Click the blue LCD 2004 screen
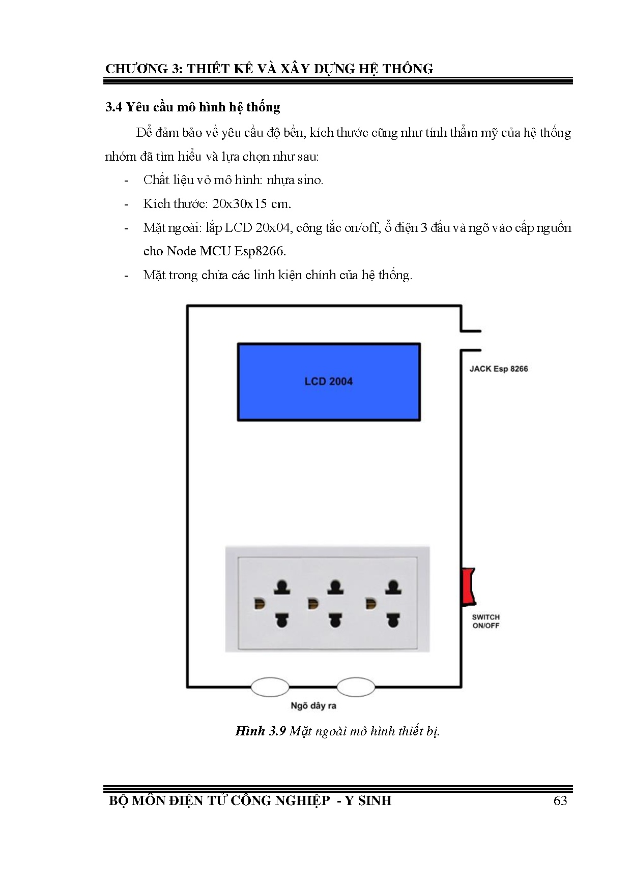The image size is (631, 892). [x=329, y=382]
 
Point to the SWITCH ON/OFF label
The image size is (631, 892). [x=485, y=621]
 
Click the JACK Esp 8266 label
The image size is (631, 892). [x=498, y=369]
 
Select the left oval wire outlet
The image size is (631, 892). [x=270, y=687]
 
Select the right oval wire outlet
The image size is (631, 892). [x=356, y=687]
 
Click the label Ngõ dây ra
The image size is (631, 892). [x=313, y=706]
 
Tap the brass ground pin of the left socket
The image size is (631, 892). [x=260, y=604]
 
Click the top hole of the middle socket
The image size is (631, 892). [x=334, y=587]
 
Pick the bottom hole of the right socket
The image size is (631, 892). [x=392, y=620]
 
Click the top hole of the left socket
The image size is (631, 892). [x=281, y=587]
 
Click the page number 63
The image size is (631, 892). [x=560, y=801]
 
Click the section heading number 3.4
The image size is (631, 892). [x=113, y=107]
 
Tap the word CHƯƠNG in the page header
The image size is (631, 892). [x=136, y=69]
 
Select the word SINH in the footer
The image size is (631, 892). [x=375, y=801]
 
